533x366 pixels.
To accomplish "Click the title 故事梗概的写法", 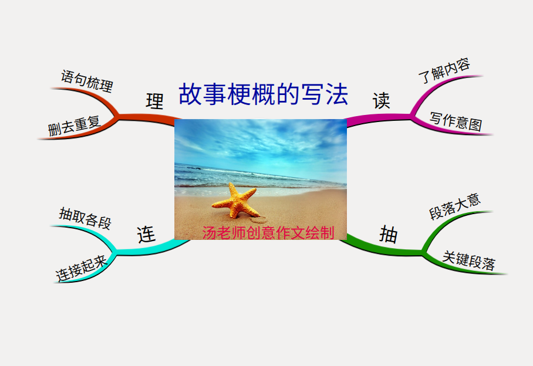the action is coord(264,94).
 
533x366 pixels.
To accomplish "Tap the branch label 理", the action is coord(154,101).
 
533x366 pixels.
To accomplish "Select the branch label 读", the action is coord(381,100).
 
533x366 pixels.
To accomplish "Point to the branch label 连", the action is coord(146,234).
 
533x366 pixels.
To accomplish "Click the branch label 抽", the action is coord(388,234).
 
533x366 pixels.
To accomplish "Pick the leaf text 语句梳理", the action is coord(87,81).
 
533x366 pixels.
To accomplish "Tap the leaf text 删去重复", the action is coord(74,126).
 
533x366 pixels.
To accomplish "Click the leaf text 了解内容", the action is coord(444,70).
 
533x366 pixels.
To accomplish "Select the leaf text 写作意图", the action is coord(456,121).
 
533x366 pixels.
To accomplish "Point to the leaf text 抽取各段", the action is coord(85,218).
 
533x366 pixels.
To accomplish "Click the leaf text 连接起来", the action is coord(82,268).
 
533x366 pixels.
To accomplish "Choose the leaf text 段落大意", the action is coord(455,206).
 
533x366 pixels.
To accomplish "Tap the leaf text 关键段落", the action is coord(469,261).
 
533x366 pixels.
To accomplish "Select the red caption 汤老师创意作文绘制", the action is coord(268,233).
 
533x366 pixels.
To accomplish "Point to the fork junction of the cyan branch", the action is coord(115,252).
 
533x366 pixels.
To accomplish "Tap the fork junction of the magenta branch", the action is coord(412,117).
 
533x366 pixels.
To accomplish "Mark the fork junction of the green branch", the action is coord(424,252).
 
